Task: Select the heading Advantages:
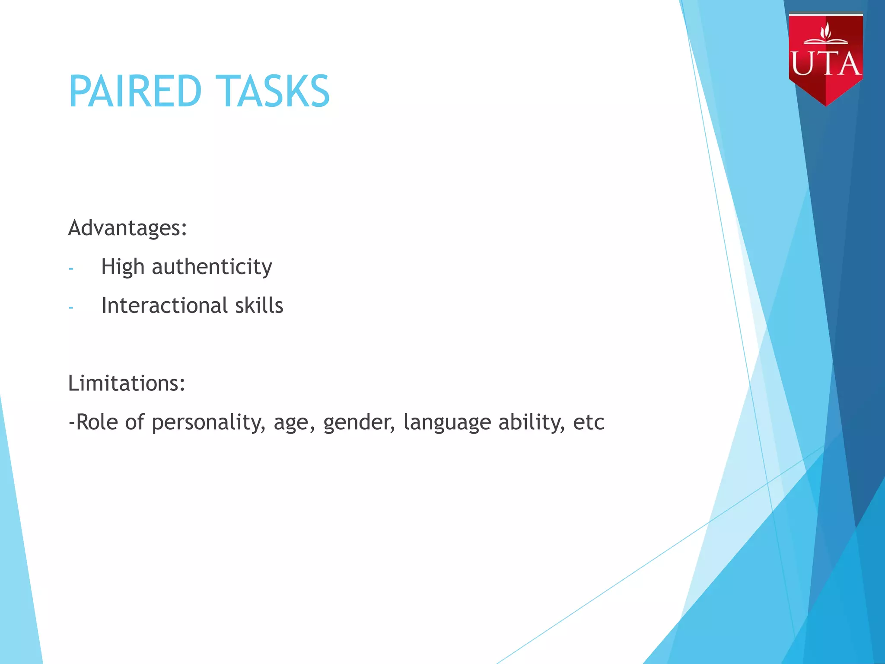[127, 228]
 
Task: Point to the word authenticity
[212, 267]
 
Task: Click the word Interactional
[164, 306]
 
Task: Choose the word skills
[259, 306]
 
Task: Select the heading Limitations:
[127, 383]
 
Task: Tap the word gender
[359, 422]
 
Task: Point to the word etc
[588, 422]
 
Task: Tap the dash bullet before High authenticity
[71, 269]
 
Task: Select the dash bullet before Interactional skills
[71, 308]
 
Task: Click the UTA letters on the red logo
[825, 64]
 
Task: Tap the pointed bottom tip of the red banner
[826, 104]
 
